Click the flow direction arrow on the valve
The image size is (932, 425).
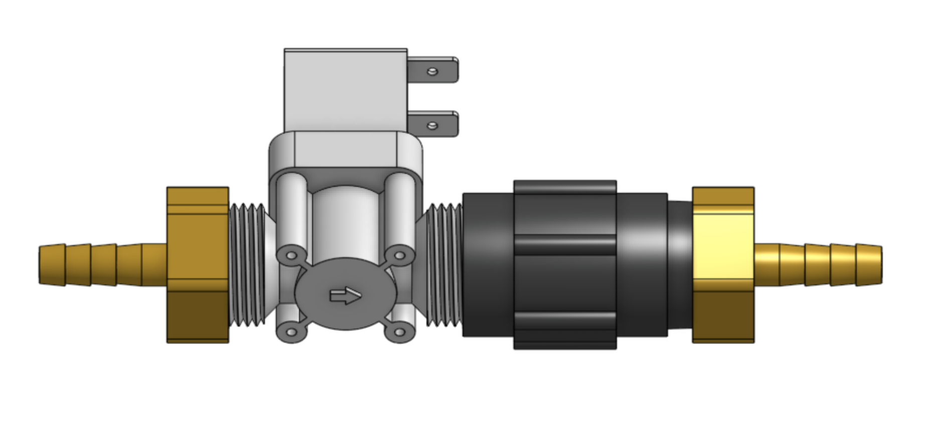(x=345, y=296)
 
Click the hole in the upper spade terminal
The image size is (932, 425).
(x=432, y=72)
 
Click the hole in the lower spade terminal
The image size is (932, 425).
(x=432, y=125)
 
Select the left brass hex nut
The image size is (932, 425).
(x=198, y=265)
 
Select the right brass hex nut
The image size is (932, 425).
(x=723, y=265)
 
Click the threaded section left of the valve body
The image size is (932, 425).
(x=248, y=265)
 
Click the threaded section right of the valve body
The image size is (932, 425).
(x=444, y=265)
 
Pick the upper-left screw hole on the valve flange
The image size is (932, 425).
(x=291, y=256)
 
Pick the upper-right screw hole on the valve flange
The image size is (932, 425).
(x=399, y=256)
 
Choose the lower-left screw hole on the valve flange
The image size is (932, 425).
(x=291, y=332)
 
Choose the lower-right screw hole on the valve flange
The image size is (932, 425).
(x=399, y=332)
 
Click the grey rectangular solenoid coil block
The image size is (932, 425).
(x=345, y=90)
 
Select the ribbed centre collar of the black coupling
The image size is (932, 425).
(x=565, y=265)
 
